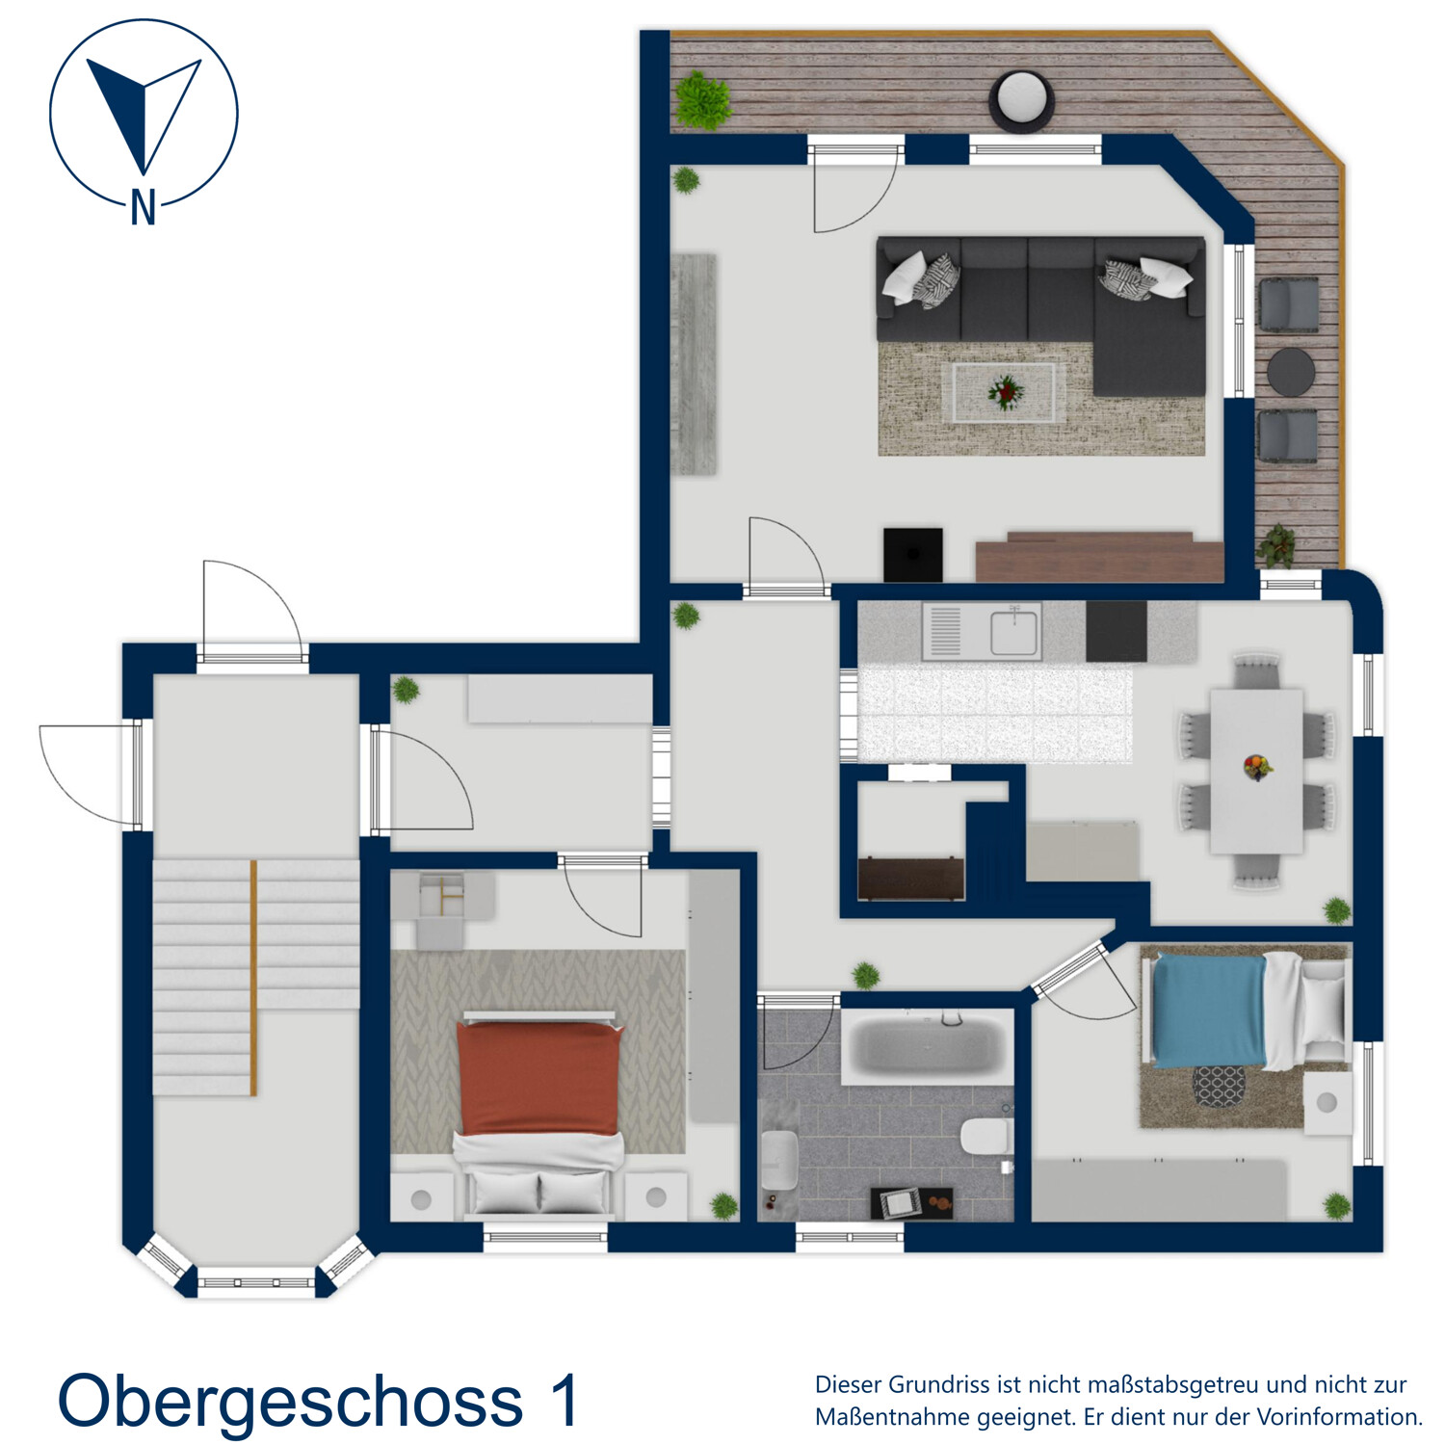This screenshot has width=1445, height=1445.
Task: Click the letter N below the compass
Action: pos(143,206)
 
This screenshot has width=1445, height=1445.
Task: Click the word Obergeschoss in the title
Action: pos(290,1401)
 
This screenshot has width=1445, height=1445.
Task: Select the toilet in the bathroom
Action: pos(985,1137)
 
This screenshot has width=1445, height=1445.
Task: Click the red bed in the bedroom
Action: pos(539,1079)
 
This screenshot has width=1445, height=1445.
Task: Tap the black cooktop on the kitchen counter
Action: pos(1116,631)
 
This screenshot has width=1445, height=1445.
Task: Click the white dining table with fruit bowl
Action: pos(1256,770)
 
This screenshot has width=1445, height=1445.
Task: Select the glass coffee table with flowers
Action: pos(1004,392)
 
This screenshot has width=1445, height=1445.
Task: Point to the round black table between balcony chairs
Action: pos(1290,372)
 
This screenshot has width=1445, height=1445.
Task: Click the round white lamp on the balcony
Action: pos(1021,98)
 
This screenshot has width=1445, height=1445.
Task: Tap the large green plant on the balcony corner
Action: pos(702,99)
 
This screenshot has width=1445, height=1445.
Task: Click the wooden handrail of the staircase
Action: pos(253,978)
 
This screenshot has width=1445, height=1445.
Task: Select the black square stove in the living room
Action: pos(912,554)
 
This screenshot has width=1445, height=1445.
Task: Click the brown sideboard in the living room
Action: pos(1098,558)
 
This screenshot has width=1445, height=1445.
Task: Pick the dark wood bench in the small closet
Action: pos(910,878)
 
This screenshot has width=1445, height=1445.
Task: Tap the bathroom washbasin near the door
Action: pos(778,1161)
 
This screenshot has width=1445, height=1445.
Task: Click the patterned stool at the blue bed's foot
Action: pos(1219,1086)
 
